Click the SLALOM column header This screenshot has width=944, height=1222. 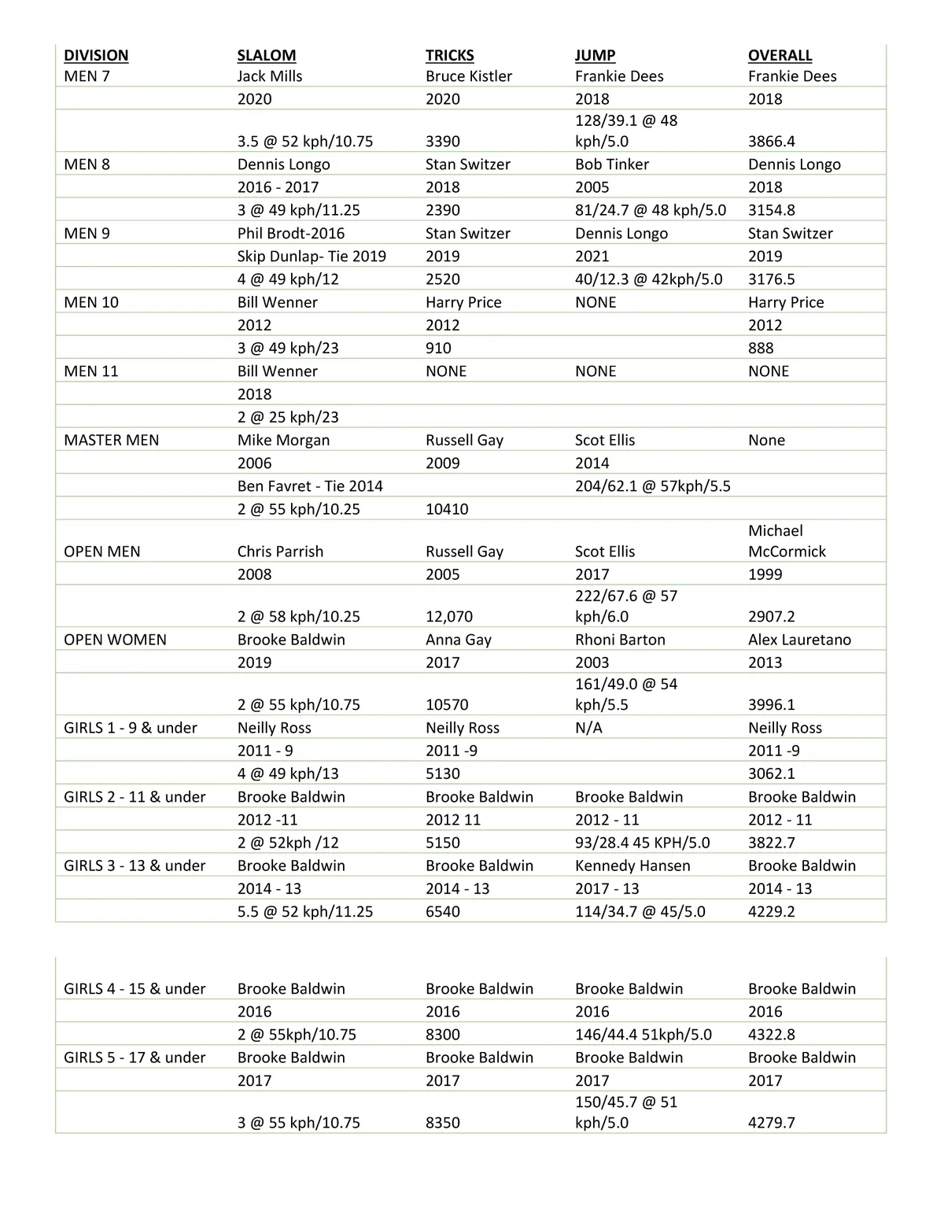click(267, 55)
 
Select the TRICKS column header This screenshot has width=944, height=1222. click(449, 55)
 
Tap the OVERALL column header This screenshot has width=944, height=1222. click(780, 55)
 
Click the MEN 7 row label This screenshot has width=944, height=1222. click(87, 76)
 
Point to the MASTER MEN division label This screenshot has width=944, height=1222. click(111, 440)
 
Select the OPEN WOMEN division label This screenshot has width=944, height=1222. click(115, 640)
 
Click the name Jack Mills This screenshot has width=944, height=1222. click(270, 76)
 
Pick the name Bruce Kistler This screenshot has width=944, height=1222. click(468, 76)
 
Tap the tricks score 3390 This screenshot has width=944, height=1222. click(443, 142)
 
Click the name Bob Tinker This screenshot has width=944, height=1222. click(611, 164)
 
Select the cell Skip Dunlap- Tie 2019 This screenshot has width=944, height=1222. click(312, 257)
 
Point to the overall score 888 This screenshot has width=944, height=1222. click(761, 349)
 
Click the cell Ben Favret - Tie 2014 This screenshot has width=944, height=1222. click(310, 486)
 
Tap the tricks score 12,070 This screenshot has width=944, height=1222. click(449, 617)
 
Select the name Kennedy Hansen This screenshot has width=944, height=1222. click(632, 866)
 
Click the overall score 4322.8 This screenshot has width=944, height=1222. click(772, 1035)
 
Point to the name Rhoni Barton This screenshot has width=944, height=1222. click(620, 640)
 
